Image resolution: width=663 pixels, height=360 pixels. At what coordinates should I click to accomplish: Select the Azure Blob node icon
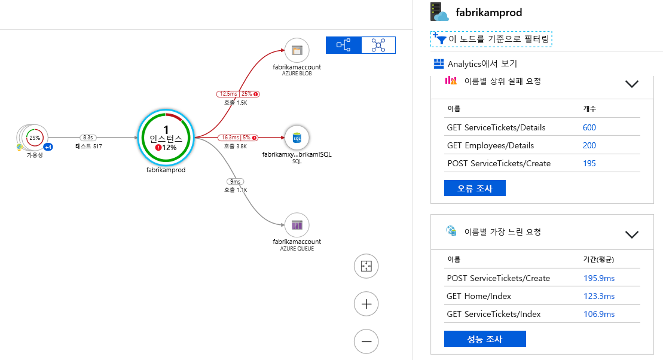(297, 50)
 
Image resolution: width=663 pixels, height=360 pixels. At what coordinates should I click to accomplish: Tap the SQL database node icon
(297, 138)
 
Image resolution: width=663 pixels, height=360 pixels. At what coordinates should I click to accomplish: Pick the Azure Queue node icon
(297, 225)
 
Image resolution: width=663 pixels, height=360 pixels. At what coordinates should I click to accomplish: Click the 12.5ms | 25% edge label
(238, 94)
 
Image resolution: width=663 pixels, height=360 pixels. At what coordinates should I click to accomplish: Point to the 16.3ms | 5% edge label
(238, 138)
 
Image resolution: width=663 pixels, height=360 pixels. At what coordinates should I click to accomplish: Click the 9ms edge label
(235, 181)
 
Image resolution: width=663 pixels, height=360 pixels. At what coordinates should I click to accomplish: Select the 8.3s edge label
(88, 138)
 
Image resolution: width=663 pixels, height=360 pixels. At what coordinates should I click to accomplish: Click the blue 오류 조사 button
(475, 188)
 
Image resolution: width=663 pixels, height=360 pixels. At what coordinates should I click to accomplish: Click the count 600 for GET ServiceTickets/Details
(589, 127)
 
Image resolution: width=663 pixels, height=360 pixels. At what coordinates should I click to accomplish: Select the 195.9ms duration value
(599, 278)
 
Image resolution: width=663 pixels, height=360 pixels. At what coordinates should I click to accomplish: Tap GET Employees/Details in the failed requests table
(490, 145)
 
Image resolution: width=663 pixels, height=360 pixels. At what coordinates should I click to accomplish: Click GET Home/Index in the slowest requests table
(479, 296)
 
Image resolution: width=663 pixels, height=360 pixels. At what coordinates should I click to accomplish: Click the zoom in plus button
(366, 304)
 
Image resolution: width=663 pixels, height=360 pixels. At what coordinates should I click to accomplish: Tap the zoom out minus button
(366, 341)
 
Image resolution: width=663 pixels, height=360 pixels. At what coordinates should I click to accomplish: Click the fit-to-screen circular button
(366, 266)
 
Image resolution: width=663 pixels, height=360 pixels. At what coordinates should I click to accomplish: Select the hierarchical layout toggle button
(344, 45)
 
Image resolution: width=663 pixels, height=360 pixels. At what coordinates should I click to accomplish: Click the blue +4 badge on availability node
(48, 147)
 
